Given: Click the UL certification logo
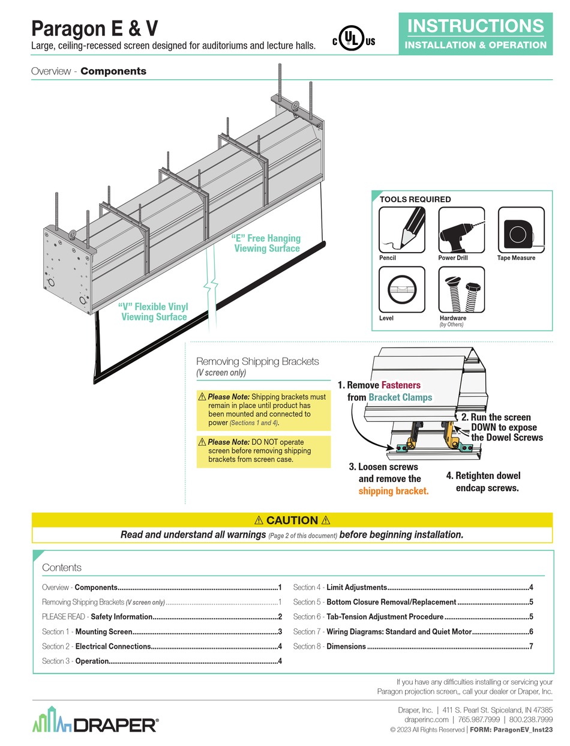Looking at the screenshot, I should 353,40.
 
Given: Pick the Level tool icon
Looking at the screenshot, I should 401,289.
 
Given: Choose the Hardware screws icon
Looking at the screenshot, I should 461,289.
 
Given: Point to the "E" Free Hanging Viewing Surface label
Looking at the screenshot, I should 266,243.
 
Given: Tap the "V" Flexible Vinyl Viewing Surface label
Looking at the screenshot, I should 154,312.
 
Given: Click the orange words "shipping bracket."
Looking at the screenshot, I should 394,491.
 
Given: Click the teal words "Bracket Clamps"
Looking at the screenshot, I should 400,397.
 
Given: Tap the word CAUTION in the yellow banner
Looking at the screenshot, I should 292,520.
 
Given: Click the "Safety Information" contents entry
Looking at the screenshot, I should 121,617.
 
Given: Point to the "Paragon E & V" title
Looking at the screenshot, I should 94,28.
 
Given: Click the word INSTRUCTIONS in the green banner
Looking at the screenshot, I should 475,26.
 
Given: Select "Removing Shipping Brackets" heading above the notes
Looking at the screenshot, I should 258,361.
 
